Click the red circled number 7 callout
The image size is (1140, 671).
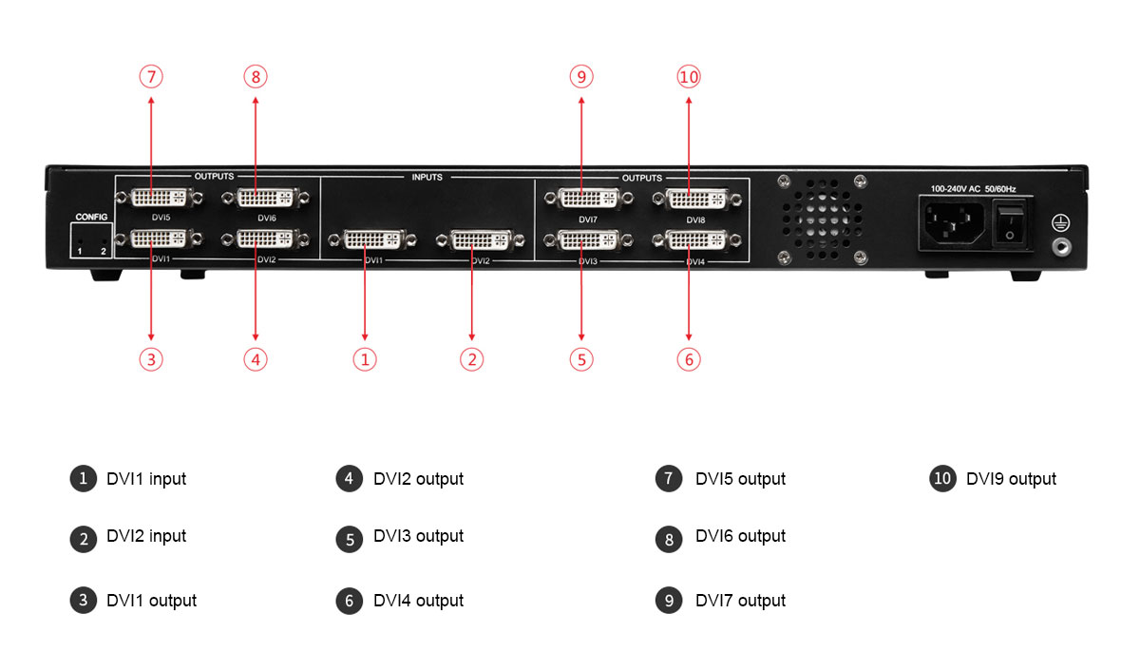coord(151,76)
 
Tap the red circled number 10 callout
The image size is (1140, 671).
coord(689,76)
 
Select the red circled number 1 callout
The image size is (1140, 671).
coord(366,359)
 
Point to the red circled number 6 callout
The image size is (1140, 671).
coord(690,359)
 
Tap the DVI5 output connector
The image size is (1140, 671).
coord(159,198)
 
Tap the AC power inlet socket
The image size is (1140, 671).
coord(950,224)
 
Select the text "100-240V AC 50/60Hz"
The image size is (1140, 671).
coord(973,189)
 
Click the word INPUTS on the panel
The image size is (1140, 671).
coord(427,177)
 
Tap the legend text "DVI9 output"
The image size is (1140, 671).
coord(1011,479)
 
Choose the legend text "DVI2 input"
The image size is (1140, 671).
coord(146,537)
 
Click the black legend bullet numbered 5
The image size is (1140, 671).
coord(350,539)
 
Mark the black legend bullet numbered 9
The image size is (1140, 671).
coord(669,601)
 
